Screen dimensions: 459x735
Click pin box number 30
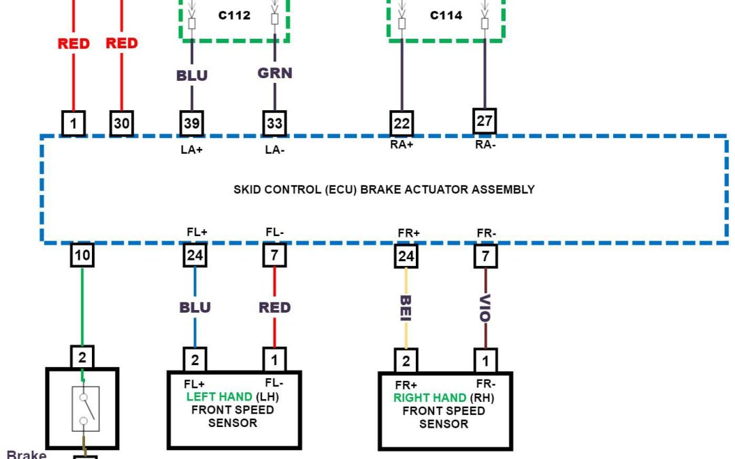[x=122, y=123]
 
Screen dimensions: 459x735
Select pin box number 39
[x=192, y=123]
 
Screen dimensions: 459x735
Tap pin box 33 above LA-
[x=274, y=123]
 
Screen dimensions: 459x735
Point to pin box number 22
[x=402, y=123]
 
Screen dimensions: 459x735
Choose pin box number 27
[x=485, y=121]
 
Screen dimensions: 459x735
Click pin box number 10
[x=82, y=256]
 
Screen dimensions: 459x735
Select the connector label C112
[x=234, y=15]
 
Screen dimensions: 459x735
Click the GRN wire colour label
[x=275, y=73]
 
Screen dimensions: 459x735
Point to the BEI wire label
[x=406, y=307]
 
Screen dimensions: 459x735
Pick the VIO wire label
[x=486, y=307]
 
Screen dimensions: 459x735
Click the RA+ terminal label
[x=402, y=144]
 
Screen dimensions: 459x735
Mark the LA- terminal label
[x=274, y=150]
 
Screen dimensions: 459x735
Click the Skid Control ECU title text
[x=384, y=190]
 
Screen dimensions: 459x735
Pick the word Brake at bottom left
[x=26, y=454]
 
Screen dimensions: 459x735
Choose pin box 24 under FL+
[x=195, y=256]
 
